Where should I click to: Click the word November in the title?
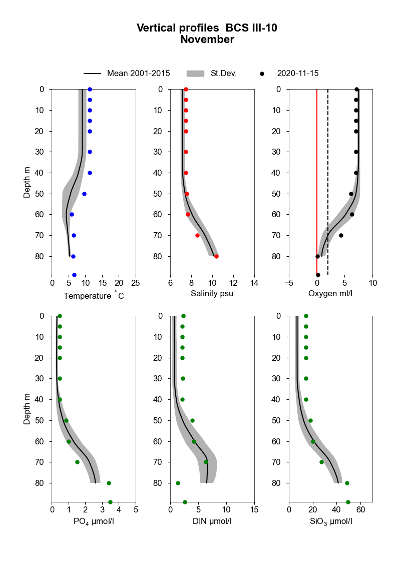[x=207, y=40]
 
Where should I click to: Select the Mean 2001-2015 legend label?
[x=138, y=74]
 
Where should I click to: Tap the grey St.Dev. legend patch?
[x=196, y=74]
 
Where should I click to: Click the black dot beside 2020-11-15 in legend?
[x=262, y=74]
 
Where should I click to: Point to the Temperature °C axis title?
[x=94, y=296]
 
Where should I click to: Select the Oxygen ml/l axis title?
[x=330, y=293]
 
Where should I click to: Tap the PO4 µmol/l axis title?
[x=94, y=521]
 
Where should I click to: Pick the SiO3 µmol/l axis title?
[x=330, y=521]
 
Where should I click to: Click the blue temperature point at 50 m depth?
[x=84, y=194]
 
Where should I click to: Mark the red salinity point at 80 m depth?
[x=216, y=256]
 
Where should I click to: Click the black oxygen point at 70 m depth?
[x=341, y=235]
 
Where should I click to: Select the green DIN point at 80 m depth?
[x=178, y=483]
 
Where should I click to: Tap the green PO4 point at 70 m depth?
[x=77, y=462]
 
